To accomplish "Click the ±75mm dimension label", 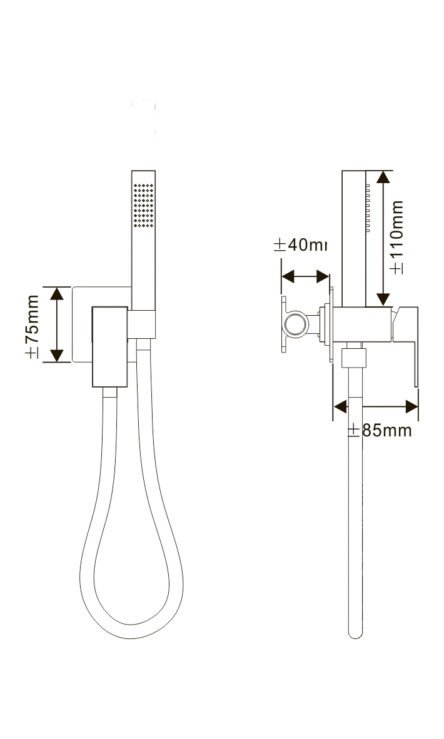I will pos(32,325).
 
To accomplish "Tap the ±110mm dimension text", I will pos(396,237).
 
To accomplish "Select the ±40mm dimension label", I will pos(301,244).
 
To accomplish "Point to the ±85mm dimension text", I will pos(380,430).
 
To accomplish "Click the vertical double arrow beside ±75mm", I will pos(58,324).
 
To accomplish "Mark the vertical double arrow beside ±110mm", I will pos(383,238).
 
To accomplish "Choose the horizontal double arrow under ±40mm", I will pos(305,276).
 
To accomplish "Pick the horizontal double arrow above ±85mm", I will pos(376,406).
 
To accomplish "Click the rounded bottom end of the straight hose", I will pos(355,631).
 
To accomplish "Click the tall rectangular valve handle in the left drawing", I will pos(111,347).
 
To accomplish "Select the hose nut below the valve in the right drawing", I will pos(354,358).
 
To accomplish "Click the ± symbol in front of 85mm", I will pos(353,430).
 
